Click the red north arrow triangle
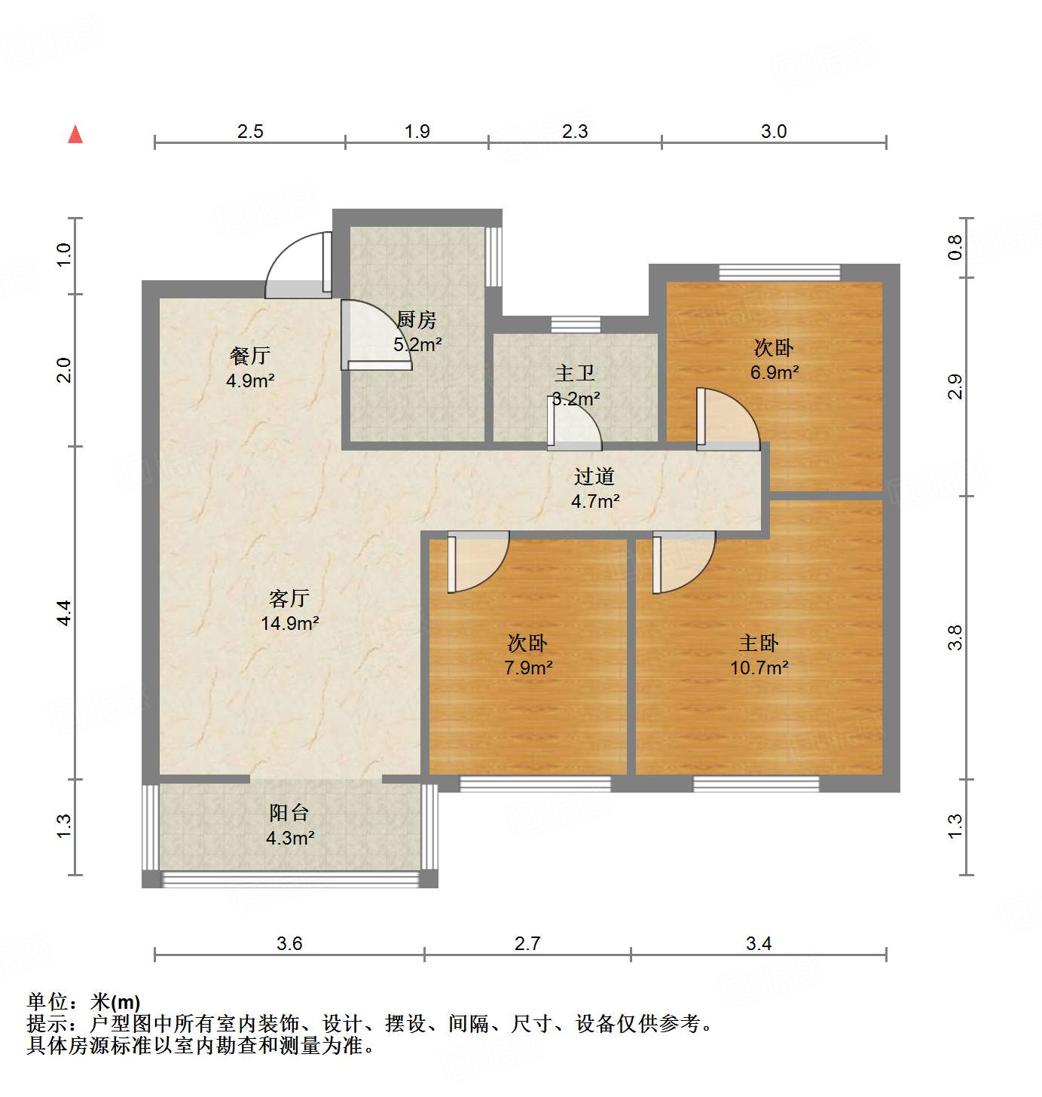coord(75,135)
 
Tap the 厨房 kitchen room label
coord(417,320)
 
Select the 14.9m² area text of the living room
coord(289,623)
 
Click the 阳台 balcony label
coord(289,813)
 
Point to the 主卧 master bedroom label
coord(759,643)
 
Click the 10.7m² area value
coord(759,668)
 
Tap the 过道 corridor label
coord(594,476)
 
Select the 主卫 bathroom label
coord(575,373)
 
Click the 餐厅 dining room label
coord(250,355)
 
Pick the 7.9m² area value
coord(528,668)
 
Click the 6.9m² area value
coord(774,372)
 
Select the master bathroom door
coord(573,424)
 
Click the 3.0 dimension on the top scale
coord(774,132)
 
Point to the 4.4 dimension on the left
coord(65,613)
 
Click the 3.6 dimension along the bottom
coord(289,943)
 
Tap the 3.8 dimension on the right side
coord(955,637)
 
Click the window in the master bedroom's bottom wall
coord(756,784)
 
